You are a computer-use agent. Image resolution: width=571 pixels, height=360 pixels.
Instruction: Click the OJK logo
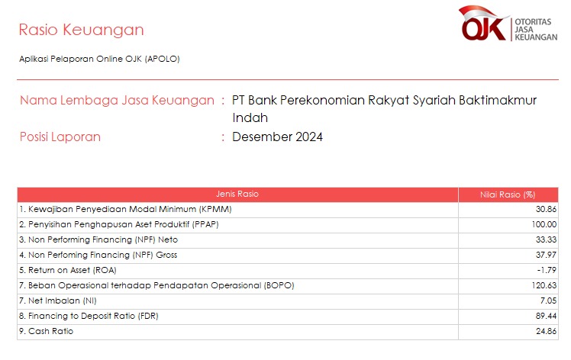[508, 24]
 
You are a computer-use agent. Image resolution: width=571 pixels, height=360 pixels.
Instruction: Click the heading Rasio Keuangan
[81, 30]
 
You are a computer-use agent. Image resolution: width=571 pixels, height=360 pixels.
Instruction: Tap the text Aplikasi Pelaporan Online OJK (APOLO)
[99, 59]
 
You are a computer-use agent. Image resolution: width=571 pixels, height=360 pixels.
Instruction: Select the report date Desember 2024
[278, 137]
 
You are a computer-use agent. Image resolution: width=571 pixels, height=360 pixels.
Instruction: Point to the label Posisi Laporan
[60, 137]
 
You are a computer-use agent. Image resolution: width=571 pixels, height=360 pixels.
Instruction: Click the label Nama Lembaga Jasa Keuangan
[117, 100]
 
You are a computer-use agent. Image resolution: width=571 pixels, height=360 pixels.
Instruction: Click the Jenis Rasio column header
[237, 194]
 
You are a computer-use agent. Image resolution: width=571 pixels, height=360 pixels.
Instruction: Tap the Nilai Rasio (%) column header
[508, 194]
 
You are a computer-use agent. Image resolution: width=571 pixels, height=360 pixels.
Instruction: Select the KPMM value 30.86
[546, 209]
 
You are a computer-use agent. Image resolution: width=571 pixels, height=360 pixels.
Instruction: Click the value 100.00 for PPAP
[544, 224]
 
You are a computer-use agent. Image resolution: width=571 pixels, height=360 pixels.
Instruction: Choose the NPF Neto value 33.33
[546, 240]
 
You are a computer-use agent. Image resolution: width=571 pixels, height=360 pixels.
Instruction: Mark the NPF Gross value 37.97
[546, 256]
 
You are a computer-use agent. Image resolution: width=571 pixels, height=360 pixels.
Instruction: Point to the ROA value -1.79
[547, 271]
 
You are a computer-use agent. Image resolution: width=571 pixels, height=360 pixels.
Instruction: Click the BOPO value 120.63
[544, 286]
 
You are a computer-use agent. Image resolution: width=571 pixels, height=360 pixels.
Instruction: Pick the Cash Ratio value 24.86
[546, 332]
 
